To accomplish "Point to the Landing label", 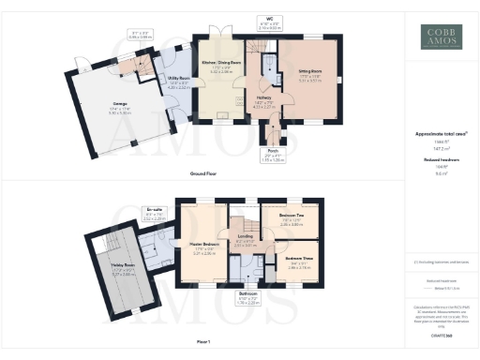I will [x=245, y=236].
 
